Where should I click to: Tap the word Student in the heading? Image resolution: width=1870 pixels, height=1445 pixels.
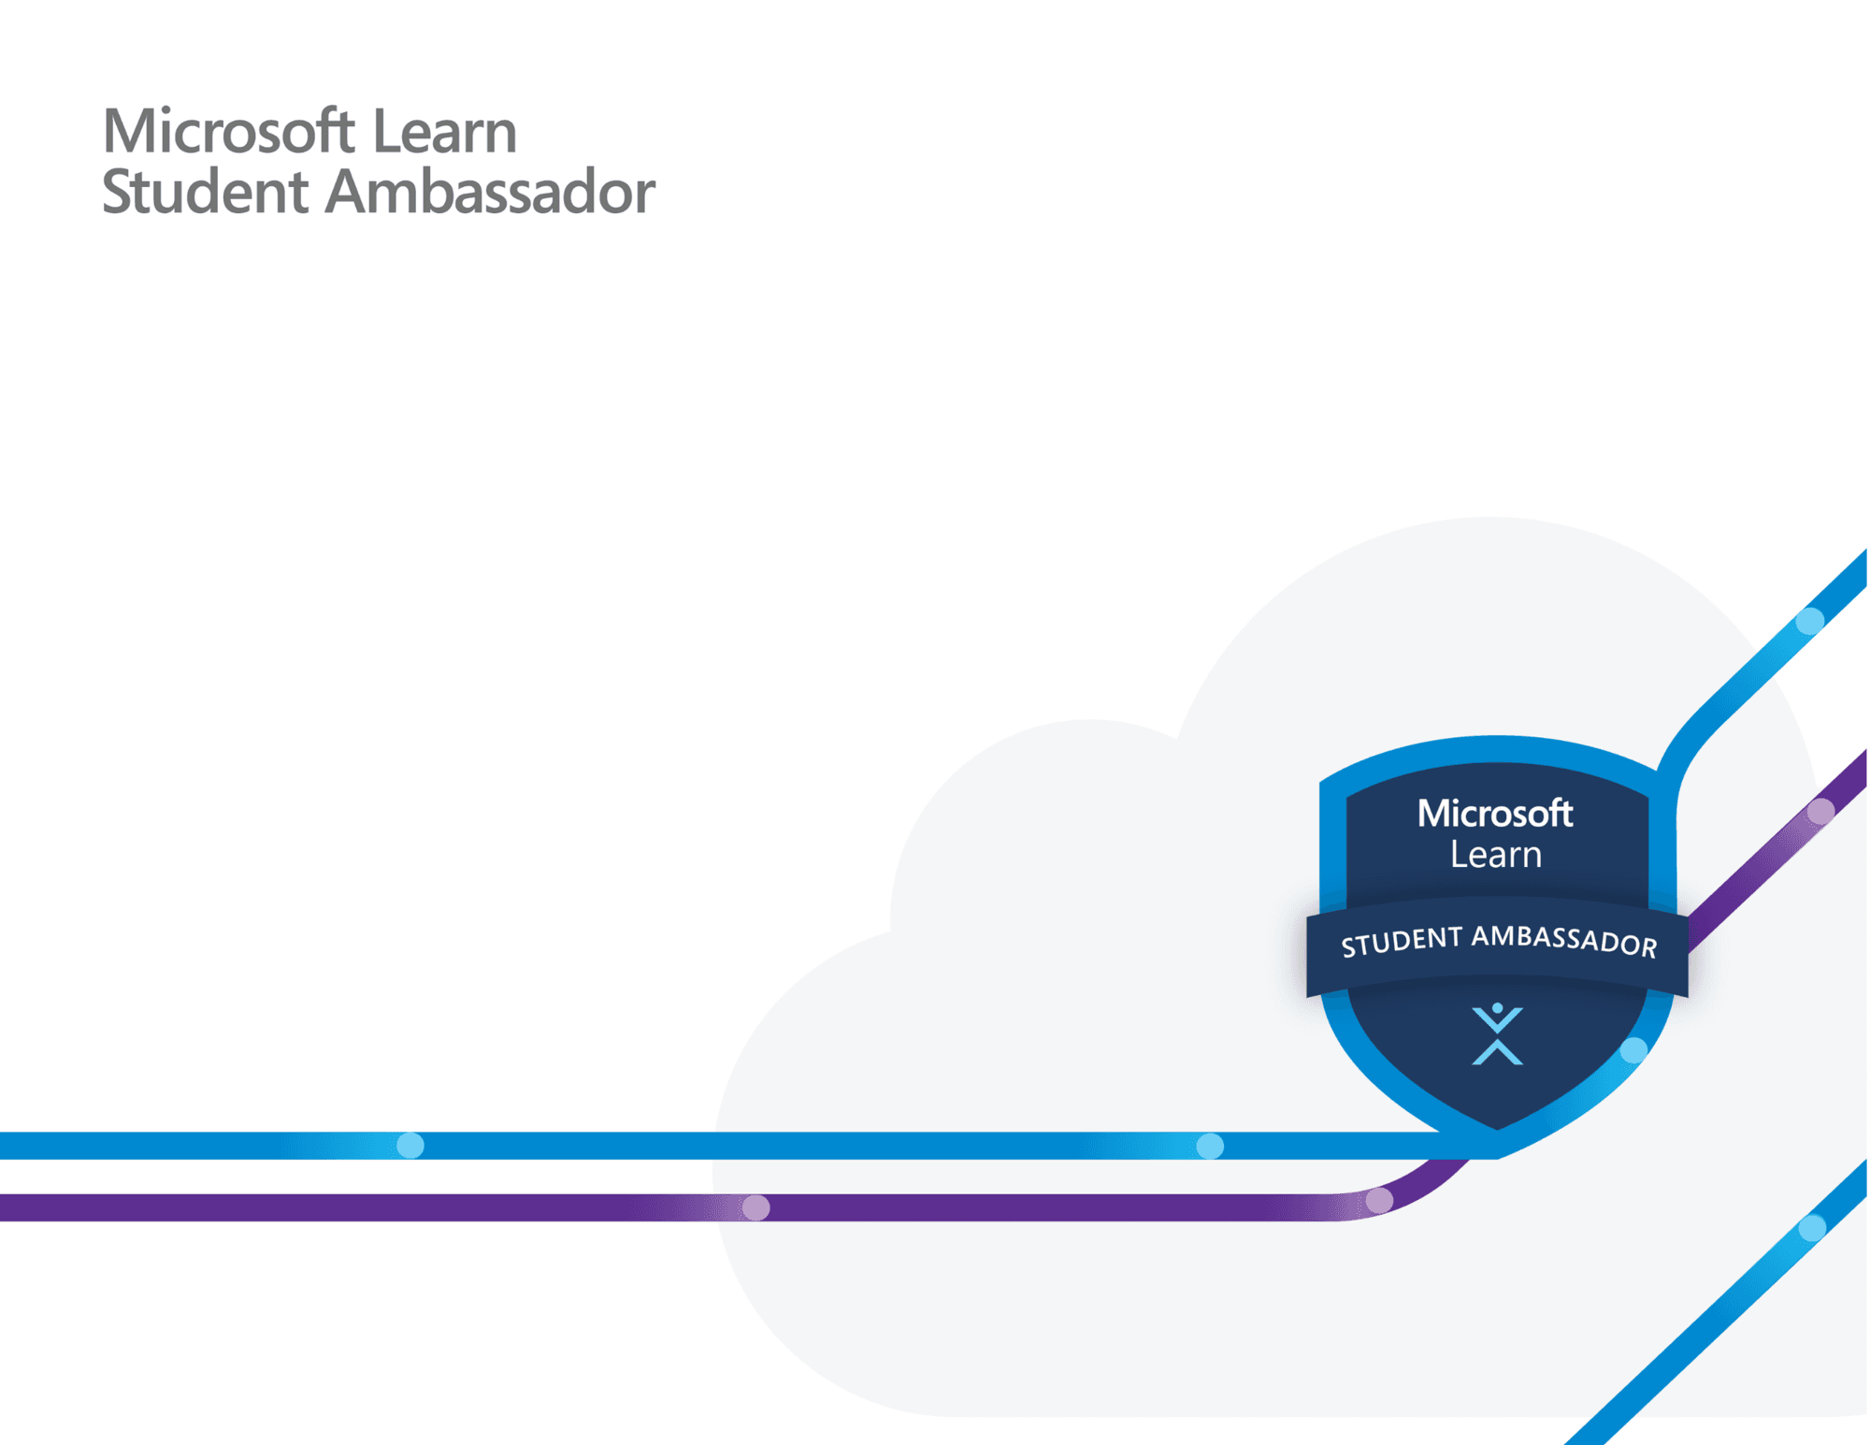point(205,192)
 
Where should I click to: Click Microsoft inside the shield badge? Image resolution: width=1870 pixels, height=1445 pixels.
point(1494,814)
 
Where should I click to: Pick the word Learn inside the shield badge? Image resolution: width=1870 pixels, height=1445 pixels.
point(1495,855)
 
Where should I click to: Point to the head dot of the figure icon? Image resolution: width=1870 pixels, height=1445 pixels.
point(1497,1008)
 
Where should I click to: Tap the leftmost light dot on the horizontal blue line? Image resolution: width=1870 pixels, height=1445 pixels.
point(410,1145)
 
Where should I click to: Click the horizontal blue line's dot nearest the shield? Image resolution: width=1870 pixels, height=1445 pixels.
point(1210,1146)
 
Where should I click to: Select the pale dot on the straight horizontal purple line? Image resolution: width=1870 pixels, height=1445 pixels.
point(755,1207)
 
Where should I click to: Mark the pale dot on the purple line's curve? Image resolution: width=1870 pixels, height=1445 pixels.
point(1379,1200)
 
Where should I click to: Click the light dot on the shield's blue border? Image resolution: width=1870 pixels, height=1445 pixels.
point(1633,1050)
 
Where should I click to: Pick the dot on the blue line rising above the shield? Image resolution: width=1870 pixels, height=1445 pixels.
point(1810,621)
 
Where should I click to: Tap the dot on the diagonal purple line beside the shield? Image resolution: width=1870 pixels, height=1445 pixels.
point(1820,812)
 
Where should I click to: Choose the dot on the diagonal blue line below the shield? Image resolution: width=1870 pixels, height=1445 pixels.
point(1812,1227)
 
